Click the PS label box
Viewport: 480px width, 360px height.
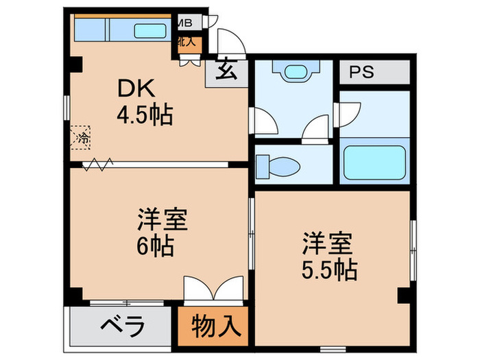click(364, 73)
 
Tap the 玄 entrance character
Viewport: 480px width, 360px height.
click(224, 70)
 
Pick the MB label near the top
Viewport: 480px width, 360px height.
click(184, 23)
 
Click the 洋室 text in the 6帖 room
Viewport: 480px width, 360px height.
click(163, 221)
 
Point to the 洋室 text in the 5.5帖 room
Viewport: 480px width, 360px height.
click(328, 243)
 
